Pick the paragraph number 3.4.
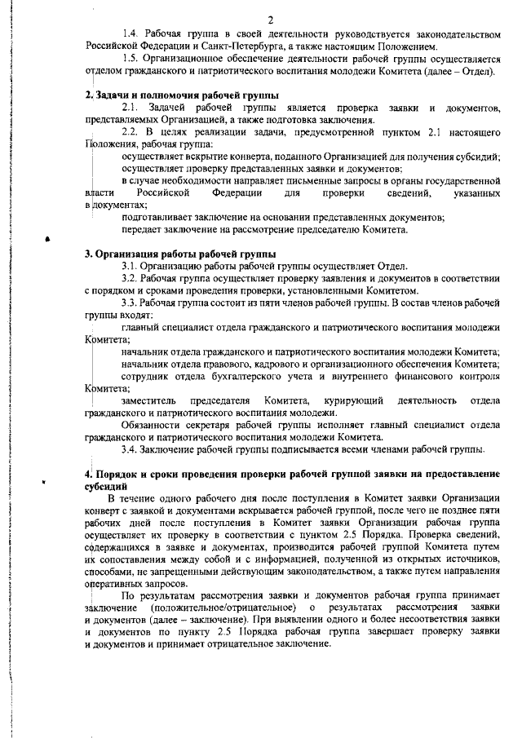tap(130, 449)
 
